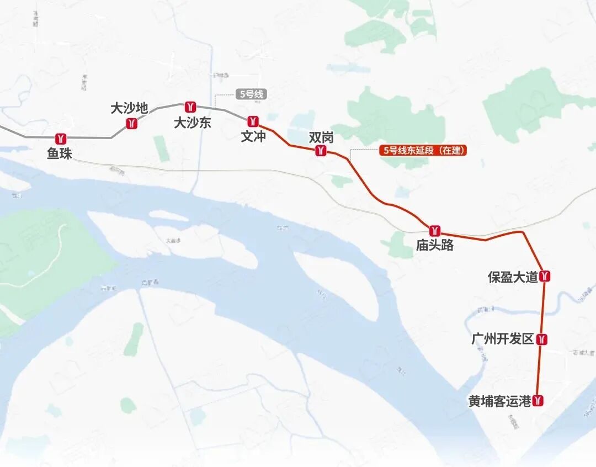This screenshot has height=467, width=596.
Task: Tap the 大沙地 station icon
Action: (131, 123)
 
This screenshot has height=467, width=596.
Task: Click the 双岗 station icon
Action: (321, 151)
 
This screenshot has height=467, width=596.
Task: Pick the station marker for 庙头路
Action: (435, 230)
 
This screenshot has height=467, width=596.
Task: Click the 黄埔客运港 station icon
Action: (539, 401)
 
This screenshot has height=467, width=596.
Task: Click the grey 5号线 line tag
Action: (252, 94)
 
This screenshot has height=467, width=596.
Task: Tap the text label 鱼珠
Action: (60, 153)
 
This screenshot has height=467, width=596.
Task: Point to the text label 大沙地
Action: (129, 108)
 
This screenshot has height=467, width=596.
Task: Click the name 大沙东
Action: (193, 123)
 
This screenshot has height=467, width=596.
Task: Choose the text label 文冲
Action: (253, 136)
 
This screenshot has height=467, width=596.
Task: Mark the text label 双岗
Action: (321, 137)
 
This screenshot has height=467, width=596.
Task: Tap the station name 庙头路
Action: (435, 246)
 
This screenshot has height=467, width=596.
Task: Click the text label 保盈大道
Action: (513, 277)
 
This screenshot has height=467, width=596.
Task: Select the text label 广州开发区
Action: (503, 339)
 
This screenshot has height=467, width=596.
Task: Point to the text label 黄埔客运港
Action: (500, 401)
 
